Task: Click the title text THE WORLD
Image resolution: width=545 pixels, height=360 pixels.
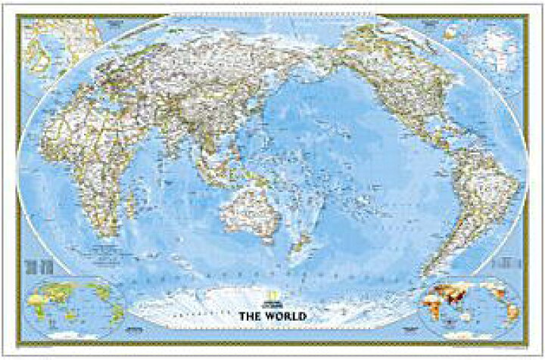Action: tap(273, 315)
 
